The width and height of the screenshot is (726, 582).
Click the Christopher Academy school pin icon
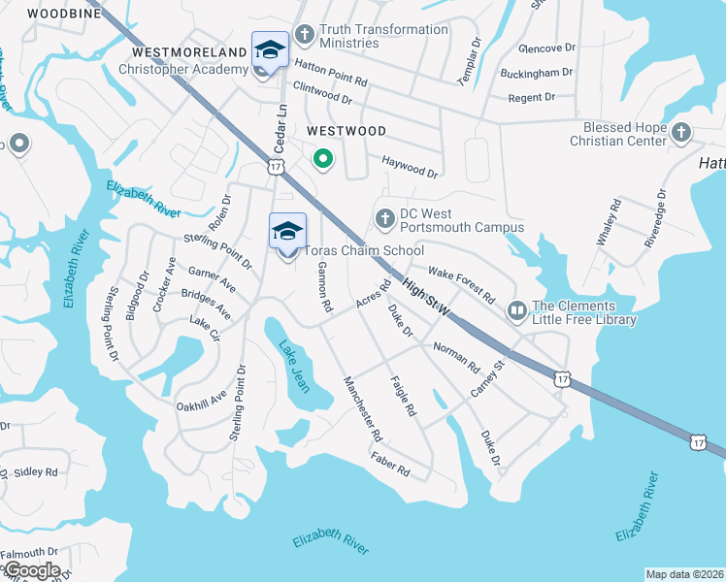[x=269, y=51]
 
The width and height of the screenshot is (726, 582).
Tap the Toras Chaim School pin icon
[x=287, y=233]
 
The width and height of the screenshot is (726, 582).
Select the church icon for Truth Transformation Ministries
[x=304, y=36]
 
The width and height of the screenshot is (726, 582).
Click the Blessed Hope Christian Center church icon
[x=680, y=133]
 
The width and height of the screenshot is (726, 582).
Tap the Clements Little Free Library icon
[x=516, y=311]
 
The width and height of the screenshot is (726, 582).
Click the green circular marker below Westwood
[x=322, y=159]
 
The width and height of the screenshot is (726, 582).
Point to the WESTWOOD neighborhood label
[x=346, y=131]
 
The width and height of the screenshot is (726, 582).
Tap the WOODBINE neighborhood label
[x=64, y=14]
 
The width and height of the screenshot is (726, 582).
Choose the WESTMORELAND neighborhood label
[x=189, y=51]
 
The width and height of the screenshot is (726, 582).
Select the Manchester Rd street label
[x=359, y=408]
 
